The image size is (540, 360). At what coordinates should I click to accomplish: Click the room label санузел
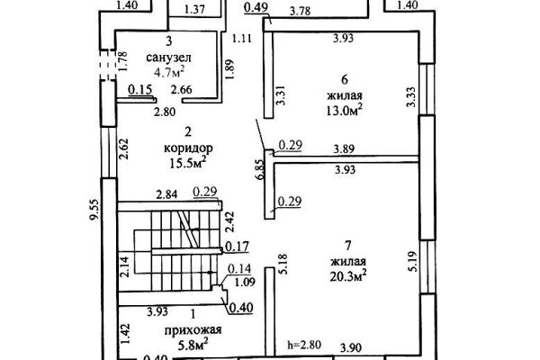pos(169,58)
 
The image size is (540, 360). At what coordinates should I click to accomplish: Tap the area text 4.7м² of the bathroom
pos(169,72)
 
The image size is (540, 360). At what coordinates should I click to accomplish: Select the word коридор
pos(188,148)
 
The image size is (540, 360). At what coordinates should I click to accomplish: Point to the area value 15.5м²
pos(188,163)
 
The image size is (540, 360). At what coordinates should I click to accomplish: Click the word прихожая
pos(193,330)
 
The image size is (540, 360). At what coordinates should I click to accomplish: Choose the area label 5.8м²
pos(193,345)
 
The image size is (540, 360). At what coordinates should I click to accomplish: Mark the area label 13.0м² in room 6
pos(345,110)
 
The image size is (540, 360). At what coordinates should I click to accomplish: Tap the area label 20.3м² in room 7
pos(347,275)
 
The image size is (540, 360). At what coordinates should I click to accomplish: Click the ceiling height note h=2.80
pos(304,345)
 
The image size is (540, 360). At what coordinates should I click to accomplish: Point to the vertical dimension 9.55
pos(94,209)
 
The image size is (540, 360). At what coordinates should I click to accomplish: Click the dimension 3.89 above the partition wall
pos(344,149)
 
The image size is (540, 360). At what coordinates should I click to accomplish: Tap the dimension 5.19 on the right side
pos(412,261)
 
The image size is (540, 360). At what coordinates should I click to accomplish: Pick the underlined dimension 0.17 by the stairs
pos(237,247)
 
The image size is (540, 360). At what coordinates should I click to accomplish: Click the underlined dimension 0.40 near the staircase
pos(240,307)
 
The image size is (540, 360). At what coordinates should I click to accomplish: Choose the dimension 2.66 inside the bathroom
pos(182,90)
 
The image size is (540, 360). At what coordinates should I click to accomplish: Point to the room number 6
pos(345,79)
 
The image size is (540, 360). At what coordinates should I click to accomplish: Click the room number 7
pos(347,246)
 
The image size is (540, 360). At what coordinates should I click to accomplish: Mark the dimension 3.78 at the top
pos(300,11)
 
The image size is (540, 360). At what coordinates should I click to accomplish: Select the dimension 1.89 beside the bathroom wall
pos(230,69)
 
